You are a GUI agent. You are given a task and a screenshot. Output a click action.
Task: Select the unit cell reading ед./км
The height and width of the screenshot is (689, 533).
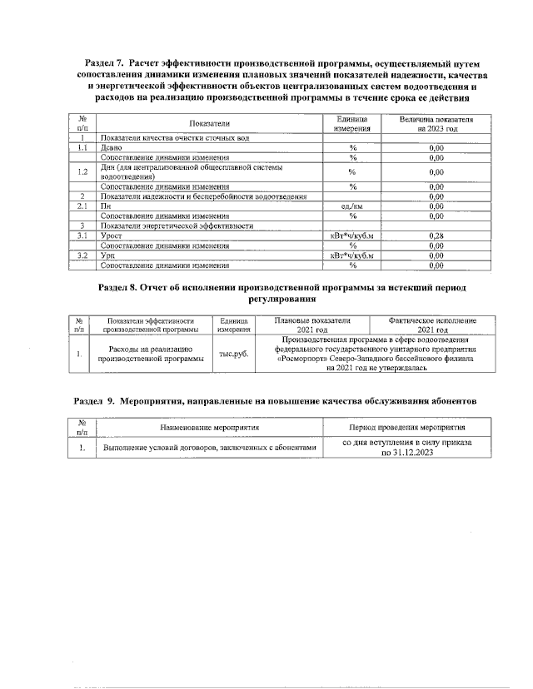pyautogui.click(x=352, y=206)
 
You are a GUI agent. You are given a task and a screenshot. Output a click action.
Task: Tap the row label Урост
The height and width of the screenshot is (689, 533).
pyautogui.click(x=112, y=236)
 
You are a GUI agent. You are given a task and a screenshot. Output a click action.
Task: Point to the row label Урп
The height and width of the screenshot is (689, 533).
pyautogui.click(x=108, y=255)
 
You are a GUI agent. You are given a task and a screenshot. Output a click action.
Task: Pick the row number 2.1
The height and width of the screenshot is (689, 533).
pyautogui.click(x=82, y=206)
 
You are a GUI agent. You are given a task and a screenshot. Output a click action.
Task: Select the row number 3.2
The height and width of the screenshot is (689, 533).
pyautogui.click(x=82, y=255)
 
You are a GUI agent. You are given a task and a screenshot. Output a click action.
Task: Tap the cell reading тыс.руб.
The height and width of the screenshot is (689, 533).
pyautogui.click(x=227, y=354)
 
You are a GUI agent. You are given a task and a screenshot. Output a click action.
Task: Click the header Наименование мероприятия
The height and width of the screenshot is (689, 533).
pyautogui.click(x=209, y=426)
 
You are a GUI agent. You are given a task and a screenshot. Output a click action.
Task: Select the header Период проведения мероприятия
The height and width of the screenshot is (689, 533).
pyautogui.click(x=408, y=426)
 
